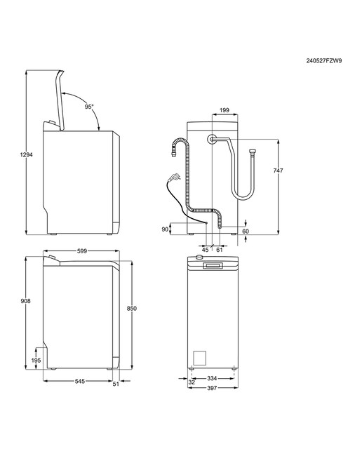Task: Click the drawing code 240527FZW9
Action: (324, 61)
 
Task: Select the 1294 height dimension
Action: (27, 154)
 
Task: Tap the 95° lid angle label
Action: (89, 107)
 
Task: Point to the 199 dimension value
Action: (224, 110)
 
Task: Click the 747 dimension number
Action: (278, 170)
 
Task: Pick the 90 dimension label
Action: (165, 229)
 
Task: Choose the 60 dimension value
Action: (246, 231)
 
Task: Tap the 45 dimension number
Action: (206, 250)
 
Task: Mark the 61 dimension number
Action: (220, 250)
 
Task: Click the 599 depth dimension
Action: (82, 251)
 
